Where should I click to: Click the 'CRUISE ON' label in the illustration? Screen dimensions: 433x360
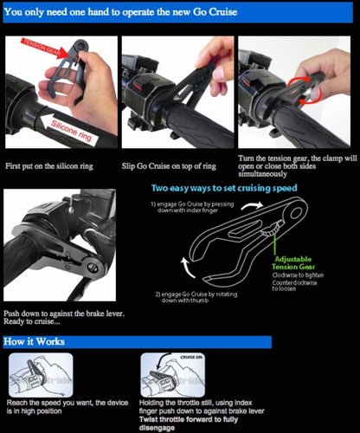191,356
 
